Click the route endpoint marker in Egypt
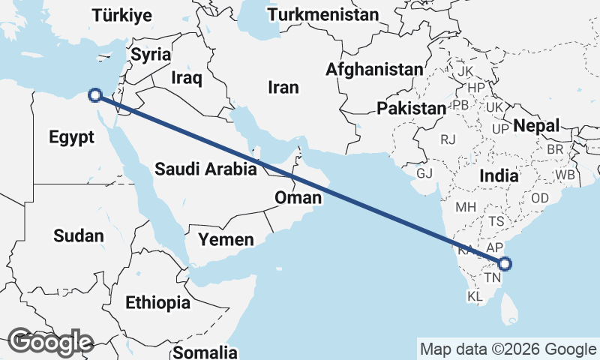coord(95,95)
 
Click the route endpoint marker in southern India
coord(505,263)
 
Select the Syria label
coord(151,55)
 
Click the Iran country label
coord(283,88)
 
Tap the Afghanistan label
coord(374,69)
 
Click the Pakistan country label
coord(411,109)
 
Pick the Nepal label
coord(536,126)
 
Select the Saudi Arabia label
coord(205,169)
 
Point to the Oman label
coord(298,198)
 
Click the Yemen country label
coord(226,240)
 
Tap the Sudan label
coord(79,236)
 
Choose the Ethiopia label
coord(157,303)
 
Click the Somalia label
coord(205,352)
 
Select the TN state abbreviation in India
coord(492,278)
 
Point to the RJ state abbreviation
coord(448,139)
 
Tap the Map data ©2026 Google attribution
coord(508,349)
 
